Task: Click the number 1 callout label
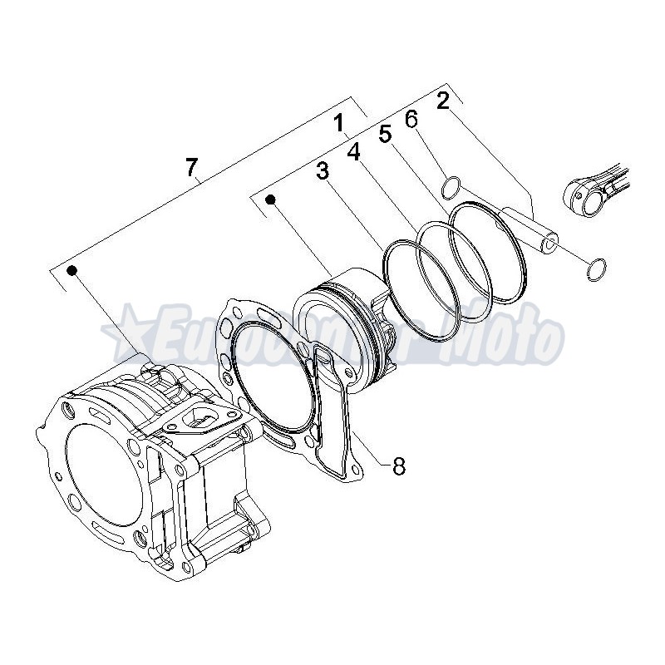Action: click(339, 125)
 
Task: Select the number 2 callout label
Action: click(442, 101)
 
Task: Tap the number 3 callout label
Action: click(323, 171)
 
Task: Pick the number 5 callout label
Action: click(385, 134)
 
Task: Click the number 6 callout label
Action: click(411, 119)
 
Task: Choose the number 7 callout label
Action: click(192, 168)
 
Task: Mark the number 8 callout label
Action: click(398, 466)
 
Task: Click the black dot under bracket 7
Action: click(72, 271)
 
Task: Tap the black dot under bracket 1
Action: click(271, 199)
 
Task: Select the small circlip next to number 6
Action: click(450, 188)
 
